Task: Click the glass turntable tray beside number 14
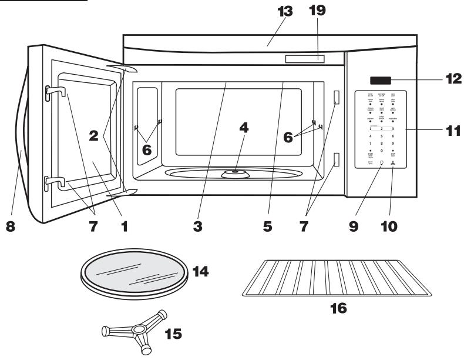point(135,276)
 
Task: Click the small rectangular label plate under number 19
point(304,59)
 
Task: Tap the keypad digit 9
point(392,143)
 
